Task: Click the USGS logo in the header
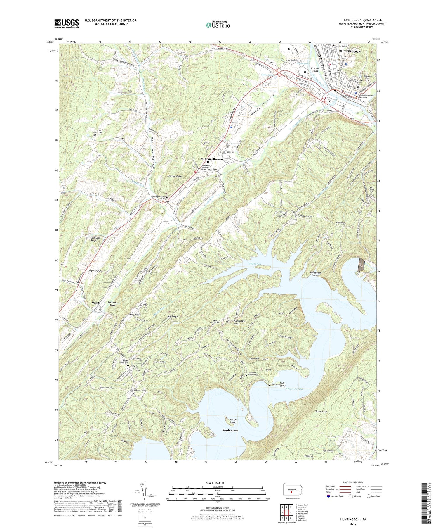tap(67, 23)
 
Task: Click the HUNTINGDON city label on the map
tap(349, 51)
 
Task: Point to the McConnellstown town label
tap(212, 159)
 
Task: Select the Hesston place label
tap(97, 303)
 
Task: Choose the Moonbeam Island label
tap(315, 274)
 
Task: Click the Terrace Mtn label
tap(321, 412)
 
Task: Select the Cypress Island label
tap(315, 69)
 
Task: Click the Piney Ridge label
tap(135, 315)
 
